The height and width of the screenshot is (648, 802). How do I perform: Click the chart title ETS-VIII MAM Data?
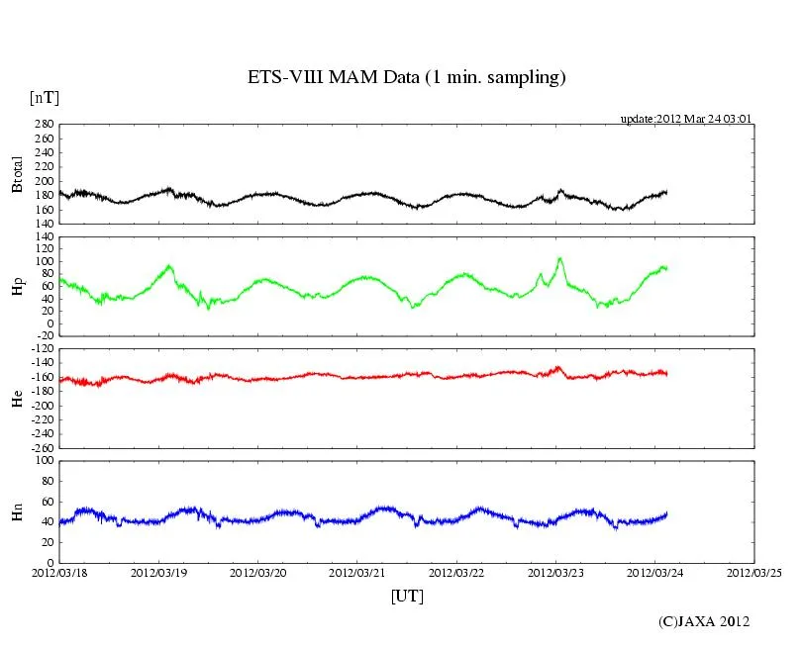pyautogui.click(x=406, y=77)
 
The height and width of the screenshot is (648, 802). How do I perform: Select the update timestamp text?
pyautogui.click(x=686, y=118)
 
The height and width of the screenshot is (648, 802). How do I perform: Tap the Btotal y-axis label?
pyautogui.click(x=17, y=173)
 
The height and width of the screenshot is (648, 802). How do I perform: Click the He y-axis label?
pyautogui.click(x=17, y=399)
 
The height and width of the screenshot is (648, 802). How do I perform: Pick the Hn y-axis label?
pyautogui.click(x=17, y=511)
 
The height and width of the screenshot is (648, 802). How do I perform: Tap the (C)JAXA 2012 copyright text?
pyautogui.click(x=703, y=621)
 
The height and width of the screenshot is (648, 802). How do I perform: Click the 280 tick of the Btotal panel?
pyautogui.click(x=44, y=125)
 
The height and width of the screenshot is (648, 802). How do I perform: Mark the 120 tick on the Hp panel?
pyautogui.click(x=44, y=238)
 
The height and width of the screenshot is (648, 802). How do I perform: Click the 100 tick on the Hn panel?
pyautogui.click(x=44, y=461)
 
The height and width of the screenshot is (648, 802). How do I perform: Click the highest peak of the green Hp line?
pyautogui.click(x=559, y=258)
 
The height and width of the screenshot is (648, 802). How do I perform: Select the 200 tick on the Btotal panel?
pyautogui.click(x=44, y=181)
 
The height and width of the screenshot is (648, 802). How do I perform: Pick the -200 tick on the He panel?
pyautogui.click(x=41, y=406)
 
